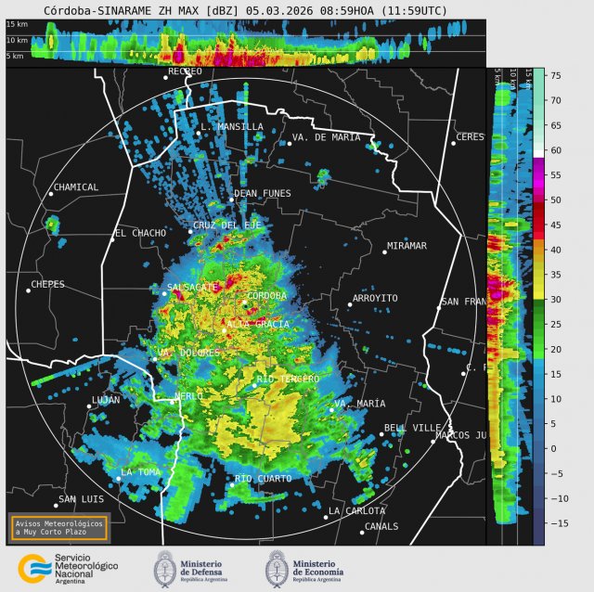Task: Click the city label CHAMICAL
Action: (x=76, y=187)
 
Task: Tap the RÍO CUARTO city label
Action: (x=263, y=479)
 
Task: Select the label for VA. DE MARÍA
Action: (x=326, y=137)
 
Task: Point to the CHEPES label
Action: (x=48, y=285)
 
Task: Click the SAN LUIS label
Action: (x=80, y=499)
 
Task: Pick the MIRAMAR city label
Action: (x=407, y=246)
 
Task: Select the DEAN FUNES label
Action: (x=263, y=194)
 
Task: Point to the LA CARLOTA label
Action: (x=357, y=511)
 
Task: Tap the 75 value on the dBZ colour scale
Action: (x=555, y=75)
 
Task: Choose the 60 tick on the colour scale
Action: (x=555, y=149)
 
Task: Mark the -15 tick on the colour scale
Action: (x=558, y=523)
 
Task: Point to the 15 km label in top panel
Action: (x=18, y=25)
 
